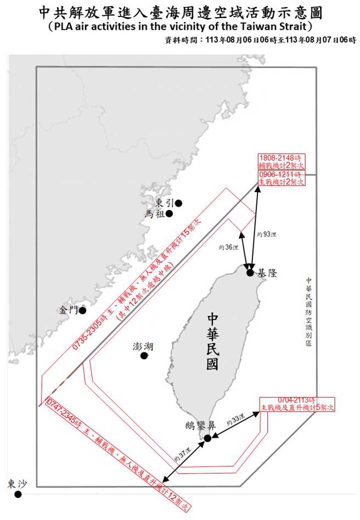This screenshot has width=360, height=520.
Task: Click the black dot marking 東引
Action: (x=178, y=203)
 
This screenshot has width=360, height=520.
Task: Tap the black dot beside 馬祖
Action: (x=170, y=214)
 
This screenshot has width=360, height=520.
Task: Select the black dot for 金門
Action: (x=82, y=310)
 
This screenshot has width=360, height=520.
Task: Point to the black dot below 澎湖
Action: (x=144, y=356)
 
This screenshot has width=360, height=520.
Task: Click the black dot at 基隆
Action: (x=250, y=273)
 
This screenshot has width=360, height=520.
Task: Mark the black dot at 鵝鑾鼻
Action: (x=207, y=438)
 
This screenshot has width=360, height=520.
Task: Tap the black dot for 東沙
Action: (x=18, y=494)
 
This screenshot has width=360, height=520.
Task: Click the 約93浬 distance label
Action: (x=267, y=234)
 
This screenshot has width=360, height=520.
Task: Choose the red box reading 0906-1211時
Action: (x=281, y=178)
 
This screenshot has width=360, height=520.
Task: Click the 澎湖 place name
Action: (x=143, y=346)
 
